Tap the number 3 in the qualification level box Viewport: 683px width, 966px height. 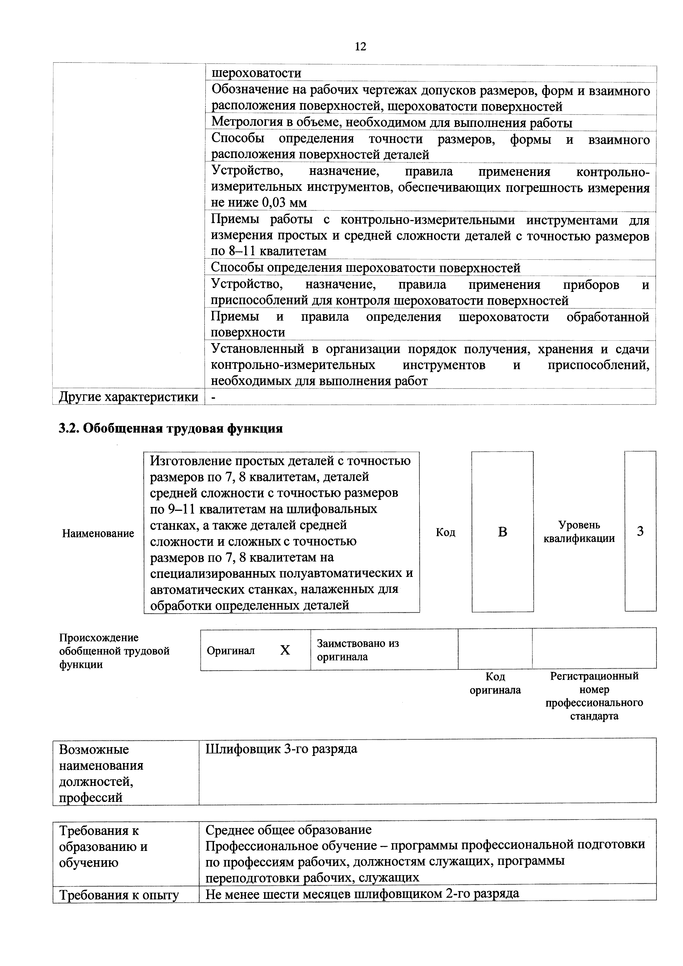click(x=640, y=531)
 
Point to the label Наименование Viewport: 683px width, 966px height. click(x=98, y=533)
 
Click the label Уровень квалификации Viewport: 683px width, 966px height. click(x=579, y=532)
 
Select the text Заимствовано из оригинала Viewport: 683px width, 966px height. click(x=358, y=650)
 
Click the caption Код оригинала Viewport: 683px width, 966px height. click(x=495, y=683)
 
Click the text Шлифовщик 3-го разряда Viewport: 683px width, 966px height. click(x=281, y=749)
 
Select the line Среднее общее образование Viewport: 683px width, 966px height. click(x=288, y=830)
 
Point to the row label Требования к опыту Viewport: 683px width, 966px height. click(x=119, y=895)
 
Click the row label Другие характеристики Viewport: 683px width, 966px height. click(x=128, y=397)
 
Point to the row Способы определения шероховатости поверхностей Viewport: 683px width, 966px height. click(x=365, y=268)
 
